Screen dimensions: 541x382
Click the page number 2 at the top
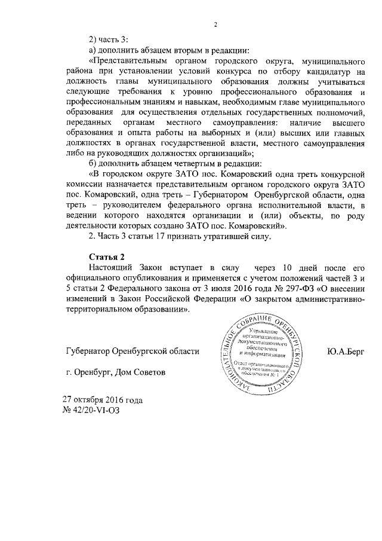point(217,25)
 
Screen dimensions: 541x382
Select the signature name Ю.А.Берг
point(346,352)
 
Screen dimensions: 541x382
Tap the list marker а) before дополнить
point(92,50)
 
